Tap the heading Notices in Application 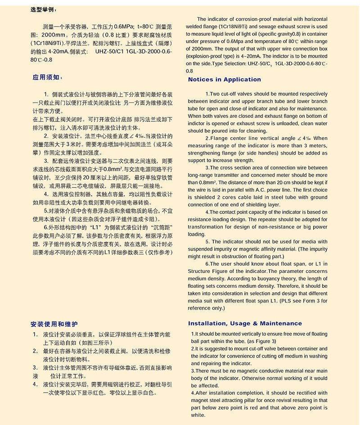click(224, 80)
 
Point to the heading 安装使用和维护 click(54, 324)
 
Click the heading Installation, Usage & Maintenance click(245, 323)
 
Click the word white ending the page click(198, 416)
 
